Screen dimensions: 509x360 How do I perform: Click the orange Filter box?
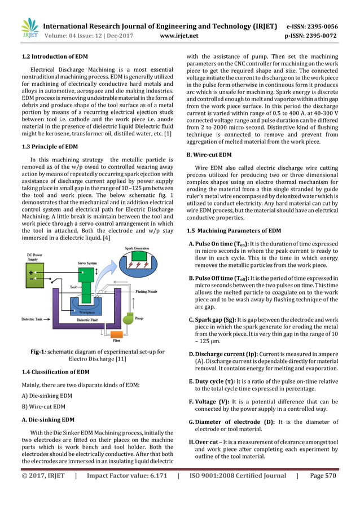116,340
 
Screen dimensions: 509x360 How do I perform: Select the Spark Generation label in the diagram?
137,248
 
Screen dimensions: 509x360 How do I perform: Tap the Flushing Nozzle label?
147,292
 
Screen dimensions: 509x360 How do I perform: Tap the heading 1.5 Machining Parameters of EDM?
233,231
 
